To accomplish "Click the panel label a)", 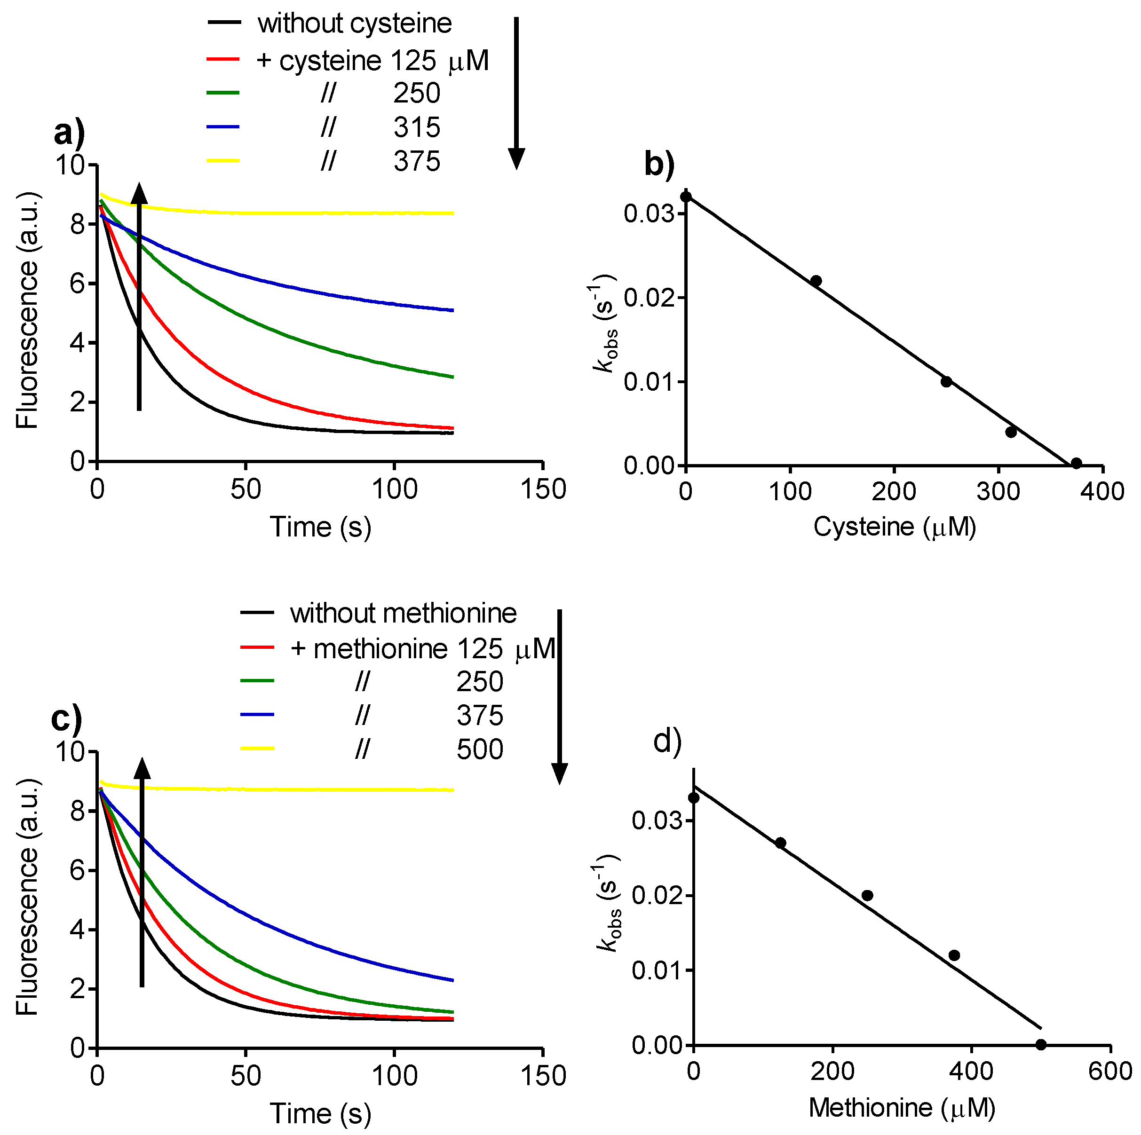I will (x=69, y=133).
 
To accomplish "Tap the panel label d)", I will (x=667, y=741).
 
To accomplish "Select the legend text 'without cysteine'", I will (x=354, y=24).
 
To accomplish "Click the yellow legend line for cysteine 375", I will (x=223, y=161).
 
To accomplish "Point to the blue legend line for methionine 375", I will (x=257, y=715).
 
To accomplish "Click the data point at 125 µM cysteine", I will (x=816, y=281).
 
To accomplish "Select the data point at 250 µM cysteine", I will (x=946, y=381).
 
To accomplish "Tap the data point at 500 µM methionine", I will (x=1041, y=1045).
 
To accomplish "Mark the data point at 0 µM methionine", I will (x=694, y=798).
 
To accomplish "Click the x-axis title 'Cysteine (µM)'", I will (x=894, y=527).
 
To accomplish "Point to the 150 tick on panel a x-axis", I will (x=543, y=489).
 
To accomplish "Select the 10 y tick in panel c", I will (x=70, y=752).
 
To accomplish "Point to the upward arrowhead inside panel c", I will (x=142, y=769).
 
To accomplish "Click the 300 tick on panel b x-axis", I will (x=998, y=491).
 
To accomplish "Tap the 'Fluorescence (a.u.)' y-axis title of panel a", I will (x=27, y=310).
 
